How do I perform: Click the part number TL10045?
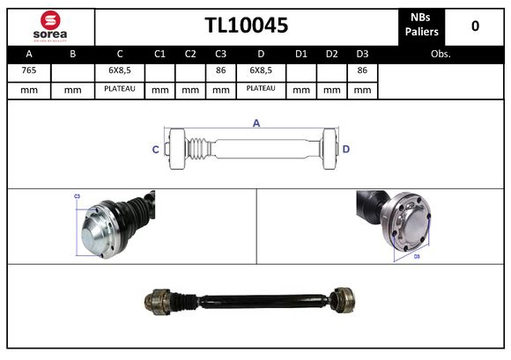(246, 26)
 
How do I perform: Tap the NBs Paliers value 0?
(475, 26)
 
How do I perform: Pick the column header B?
(72, 54)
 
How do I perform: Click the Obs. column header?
(441, 54)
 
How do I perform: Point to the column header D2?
(331, 54)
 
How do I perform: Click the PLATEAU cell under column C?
(119, 89)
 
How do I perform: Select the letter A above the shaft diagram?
(256, 123)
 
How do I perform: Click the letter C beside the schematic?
(156, 150)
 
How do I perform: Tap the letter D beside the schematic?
(346, 150)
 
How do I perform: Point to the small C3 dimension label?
(77, 196)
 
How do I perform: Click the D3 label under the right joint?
(417, 257)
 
